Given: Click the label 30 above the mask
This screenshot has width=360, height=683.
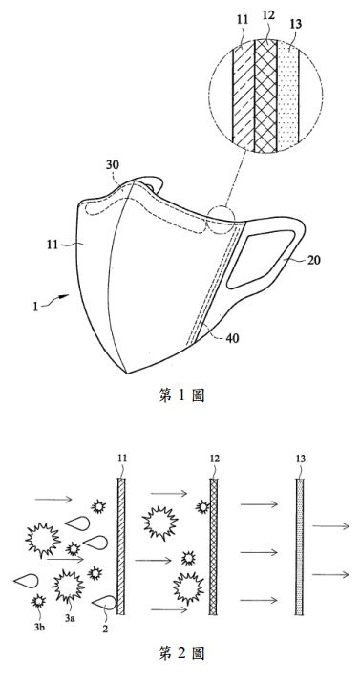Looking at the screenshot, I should (x=113, y=165).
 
